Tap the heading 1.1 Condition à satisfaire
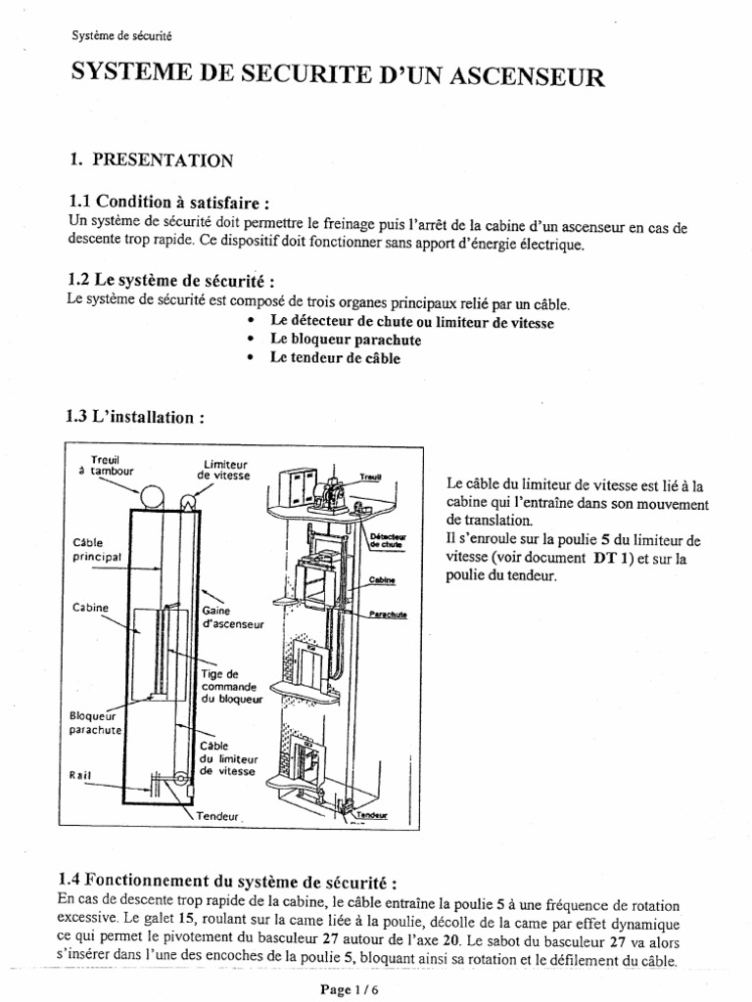[166, 202]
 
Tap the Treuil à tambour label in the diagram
[101, 464]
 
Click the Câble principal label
[95, 548]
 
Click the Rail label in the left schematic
[81, 774]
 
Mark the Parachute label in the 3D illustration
[388, 615]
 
